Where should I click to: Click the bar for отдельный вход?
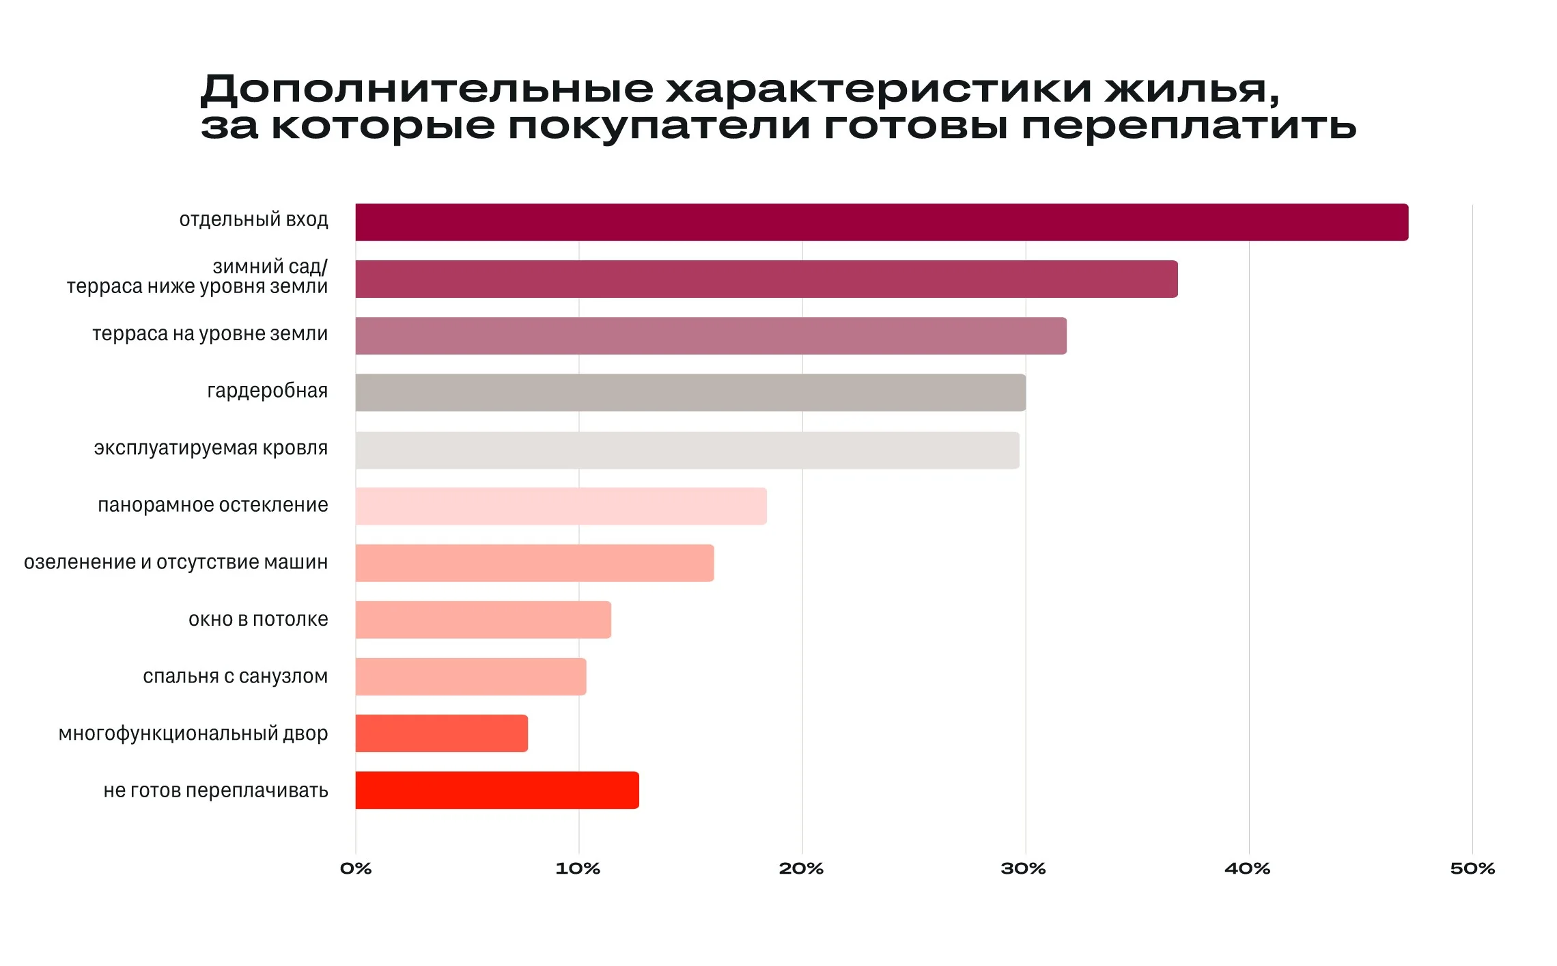tap(881, 222)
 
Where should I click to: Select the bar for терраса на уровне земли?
tap(710, 335)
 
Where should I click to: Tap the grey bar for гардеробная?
tap(690, 392)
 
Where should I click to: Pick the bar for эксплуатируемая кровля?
tap(686, 450)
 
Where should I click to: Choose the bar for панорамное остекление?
tap(560, 506)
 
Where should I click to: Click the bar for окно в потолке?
tap(483, 620)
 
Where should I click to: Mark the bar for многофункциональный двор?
tap(441, 733)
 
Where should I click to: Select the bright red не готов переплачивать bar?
tap(496, 790)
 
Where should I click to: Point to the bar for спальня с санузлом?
tap(471, 676)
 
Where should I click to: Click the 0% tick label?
tap(356, 868)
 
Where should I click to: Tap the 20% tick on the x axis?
tap(801, 868)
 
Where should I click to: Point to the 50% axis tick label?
tap(1472, 868)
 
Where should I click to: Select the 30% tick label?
tap(1023, 868)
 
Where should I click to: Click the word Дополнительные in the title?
tap(427, 89)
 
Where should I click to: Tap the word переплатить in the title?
tap(1188, 127)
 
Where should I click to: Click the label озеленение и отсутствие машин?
tap(176, 562)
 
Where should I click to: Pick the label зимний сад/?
tap(270, 266)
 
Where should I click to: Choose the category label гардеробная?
tap(267, 391)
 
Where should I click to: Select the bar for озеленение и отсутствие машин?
tap(534, 563)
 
